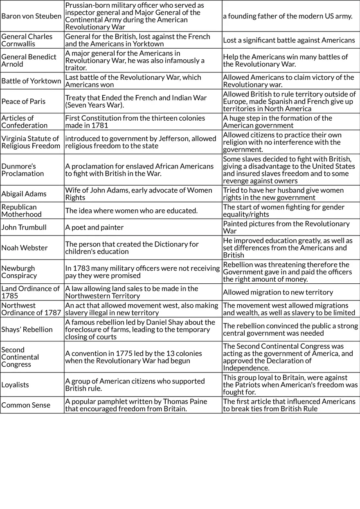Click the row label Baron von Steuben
tap(32, 16)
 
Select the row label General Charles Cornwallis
tap(27, 40)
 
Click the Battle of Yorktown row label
tap(31, 81)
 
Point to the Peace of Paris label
tap(23, 101)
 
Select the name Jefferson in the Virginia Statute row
tap(157, 139)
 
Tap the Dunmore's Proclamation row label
tap(22, 170)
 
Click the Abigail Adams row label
tap(24, 194)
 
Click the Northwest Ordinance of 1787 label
tap(31, 309)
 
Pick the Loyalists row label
tap(15, 385)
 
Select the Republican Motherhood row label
tap(21, 211)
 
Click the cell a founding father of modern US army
tap(288, 16)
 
